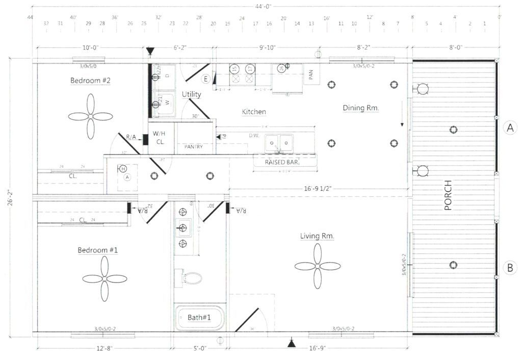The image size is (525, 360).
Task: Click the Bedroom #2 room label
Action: coord(90,80)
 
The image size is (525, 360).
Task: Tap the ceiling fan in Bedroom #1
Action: coord(104,278)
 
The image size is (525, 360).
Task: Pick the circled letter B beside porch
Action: coord(510,267)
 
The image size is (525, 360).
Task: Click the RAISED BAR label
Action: coord(282,162)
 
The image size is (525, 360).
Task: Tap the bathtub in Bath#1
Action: coord(199,317)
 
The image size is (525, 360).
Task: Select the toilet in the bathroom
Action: coord(191,278)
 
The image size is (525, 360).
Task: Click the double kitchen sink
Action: coord(279,143)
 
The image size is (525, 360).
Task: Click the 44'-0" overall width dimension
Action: coord(265,7)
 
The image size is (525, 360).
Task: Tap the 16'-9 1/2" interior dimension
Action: coord(320,189)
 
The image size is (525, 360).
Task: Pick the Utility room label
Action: coord(191,94)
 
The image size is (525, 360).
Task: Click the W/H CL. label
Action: coord(160,138)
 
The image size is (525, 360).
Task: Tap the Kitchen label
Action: coord(253,112)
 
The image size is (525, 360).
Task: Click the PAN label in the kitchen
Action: coord(310,75)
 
